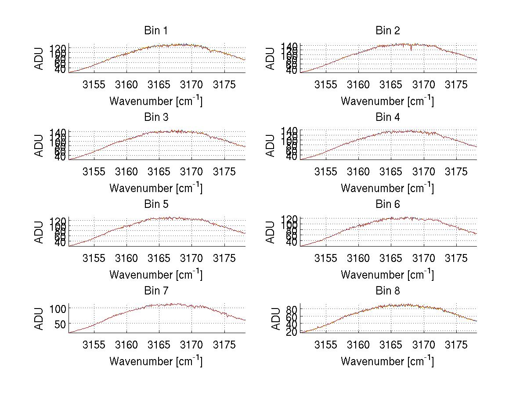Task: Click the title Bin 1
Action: [156, 31]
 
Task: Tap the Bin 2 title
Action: [387, 31]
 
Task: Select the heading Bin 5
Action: [156, 204]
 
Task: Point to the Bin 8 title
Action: [387, 291]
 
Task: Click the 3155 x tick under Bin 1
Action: [94, 84]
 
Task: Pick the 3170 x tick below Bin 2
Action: [424, 84]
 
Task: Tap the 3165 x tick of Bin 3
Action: [159, 171]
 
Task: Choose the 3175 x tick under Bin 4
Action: [456, 171]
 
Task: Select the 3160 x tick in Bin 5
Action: [126, 258]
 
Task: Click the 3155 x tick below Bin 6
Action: [326, 258]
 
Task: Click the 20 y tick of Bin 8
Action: [292, 332]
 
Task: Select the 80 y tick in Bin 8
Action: [292, 309]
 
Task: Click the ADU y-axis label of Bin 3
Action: [40, 145]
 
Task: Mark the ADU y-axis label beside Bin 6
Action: [271, 232]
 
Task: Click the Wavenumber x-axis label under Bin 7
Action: [156, 361]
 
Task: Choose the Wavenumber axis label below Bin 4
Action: [387, 188]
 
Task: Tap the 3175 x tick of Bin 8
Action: [456, 345]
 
